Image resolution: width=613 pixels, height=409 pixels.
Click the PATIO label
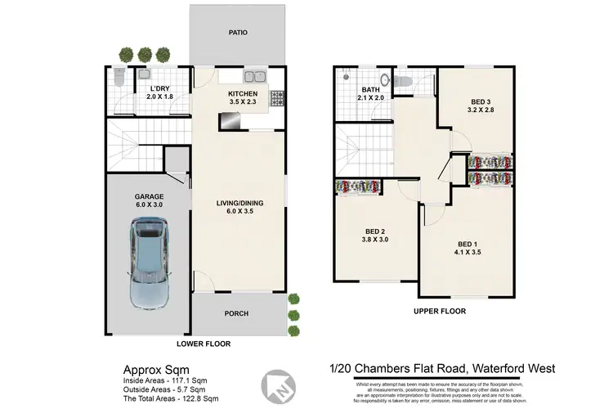point(238,33)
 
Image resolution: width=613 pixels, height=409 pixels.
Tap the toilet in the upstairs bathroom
point(403,82)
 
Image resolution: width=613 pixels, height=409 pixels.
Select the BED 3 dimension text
point(479,106)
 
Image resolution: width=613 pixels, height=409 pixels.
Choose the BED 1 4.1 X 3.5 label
point(467,249)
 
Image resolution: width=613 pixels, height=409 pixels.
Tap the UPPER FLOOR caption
point(440,311)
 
